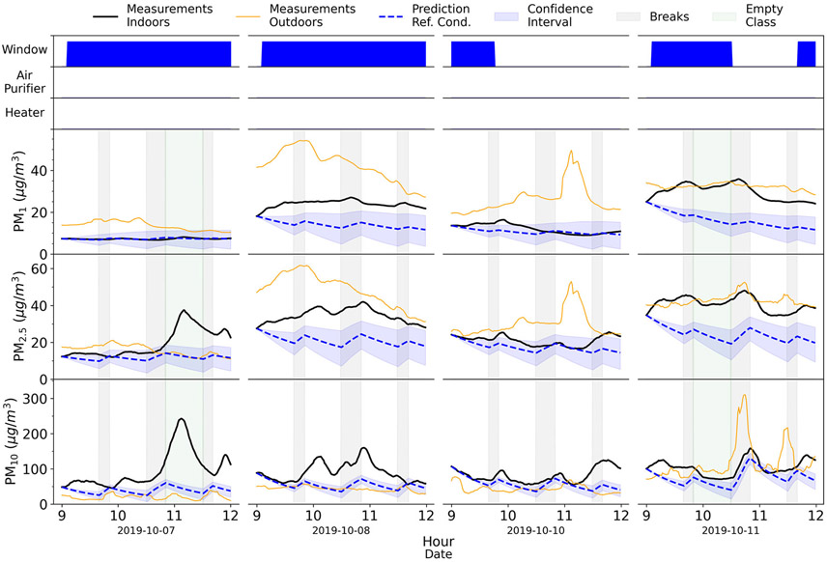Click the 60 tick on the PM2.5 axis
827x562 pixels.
41,267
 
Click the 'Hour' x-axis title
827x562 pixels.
438,542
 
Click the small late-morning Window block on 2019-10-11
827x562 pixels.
807,54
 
